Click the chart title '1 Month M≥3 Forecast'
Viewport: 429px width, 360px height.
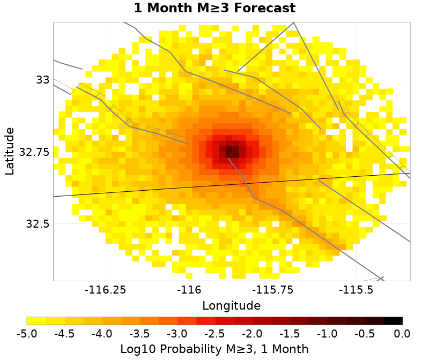(214, 9)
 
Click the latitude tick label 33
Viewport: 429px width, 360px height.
(43, 80)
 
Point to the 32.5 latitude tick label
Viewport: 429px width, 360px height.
(38, 223)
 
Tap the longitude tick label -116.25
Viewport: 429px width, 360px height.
(106, 290)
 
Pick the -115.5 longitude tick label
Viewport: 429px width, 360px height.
(357, 290)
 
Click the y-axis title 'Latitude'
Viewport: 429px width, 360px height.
(10, 151)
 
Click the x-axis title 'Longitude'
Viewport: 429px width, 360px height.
(232, 306)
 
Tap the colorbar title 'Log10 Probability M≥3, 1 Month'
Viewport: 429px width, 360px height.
(214, 349)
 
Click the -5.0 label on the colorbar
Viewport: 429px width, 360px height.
(27, 334)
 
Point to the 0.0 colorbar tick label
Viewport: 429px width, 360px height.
(402, 334)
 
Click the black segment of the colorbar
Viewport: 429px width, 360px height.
(394, 321)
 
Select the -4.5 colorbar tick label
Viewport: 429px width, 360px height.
(64, 334)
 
